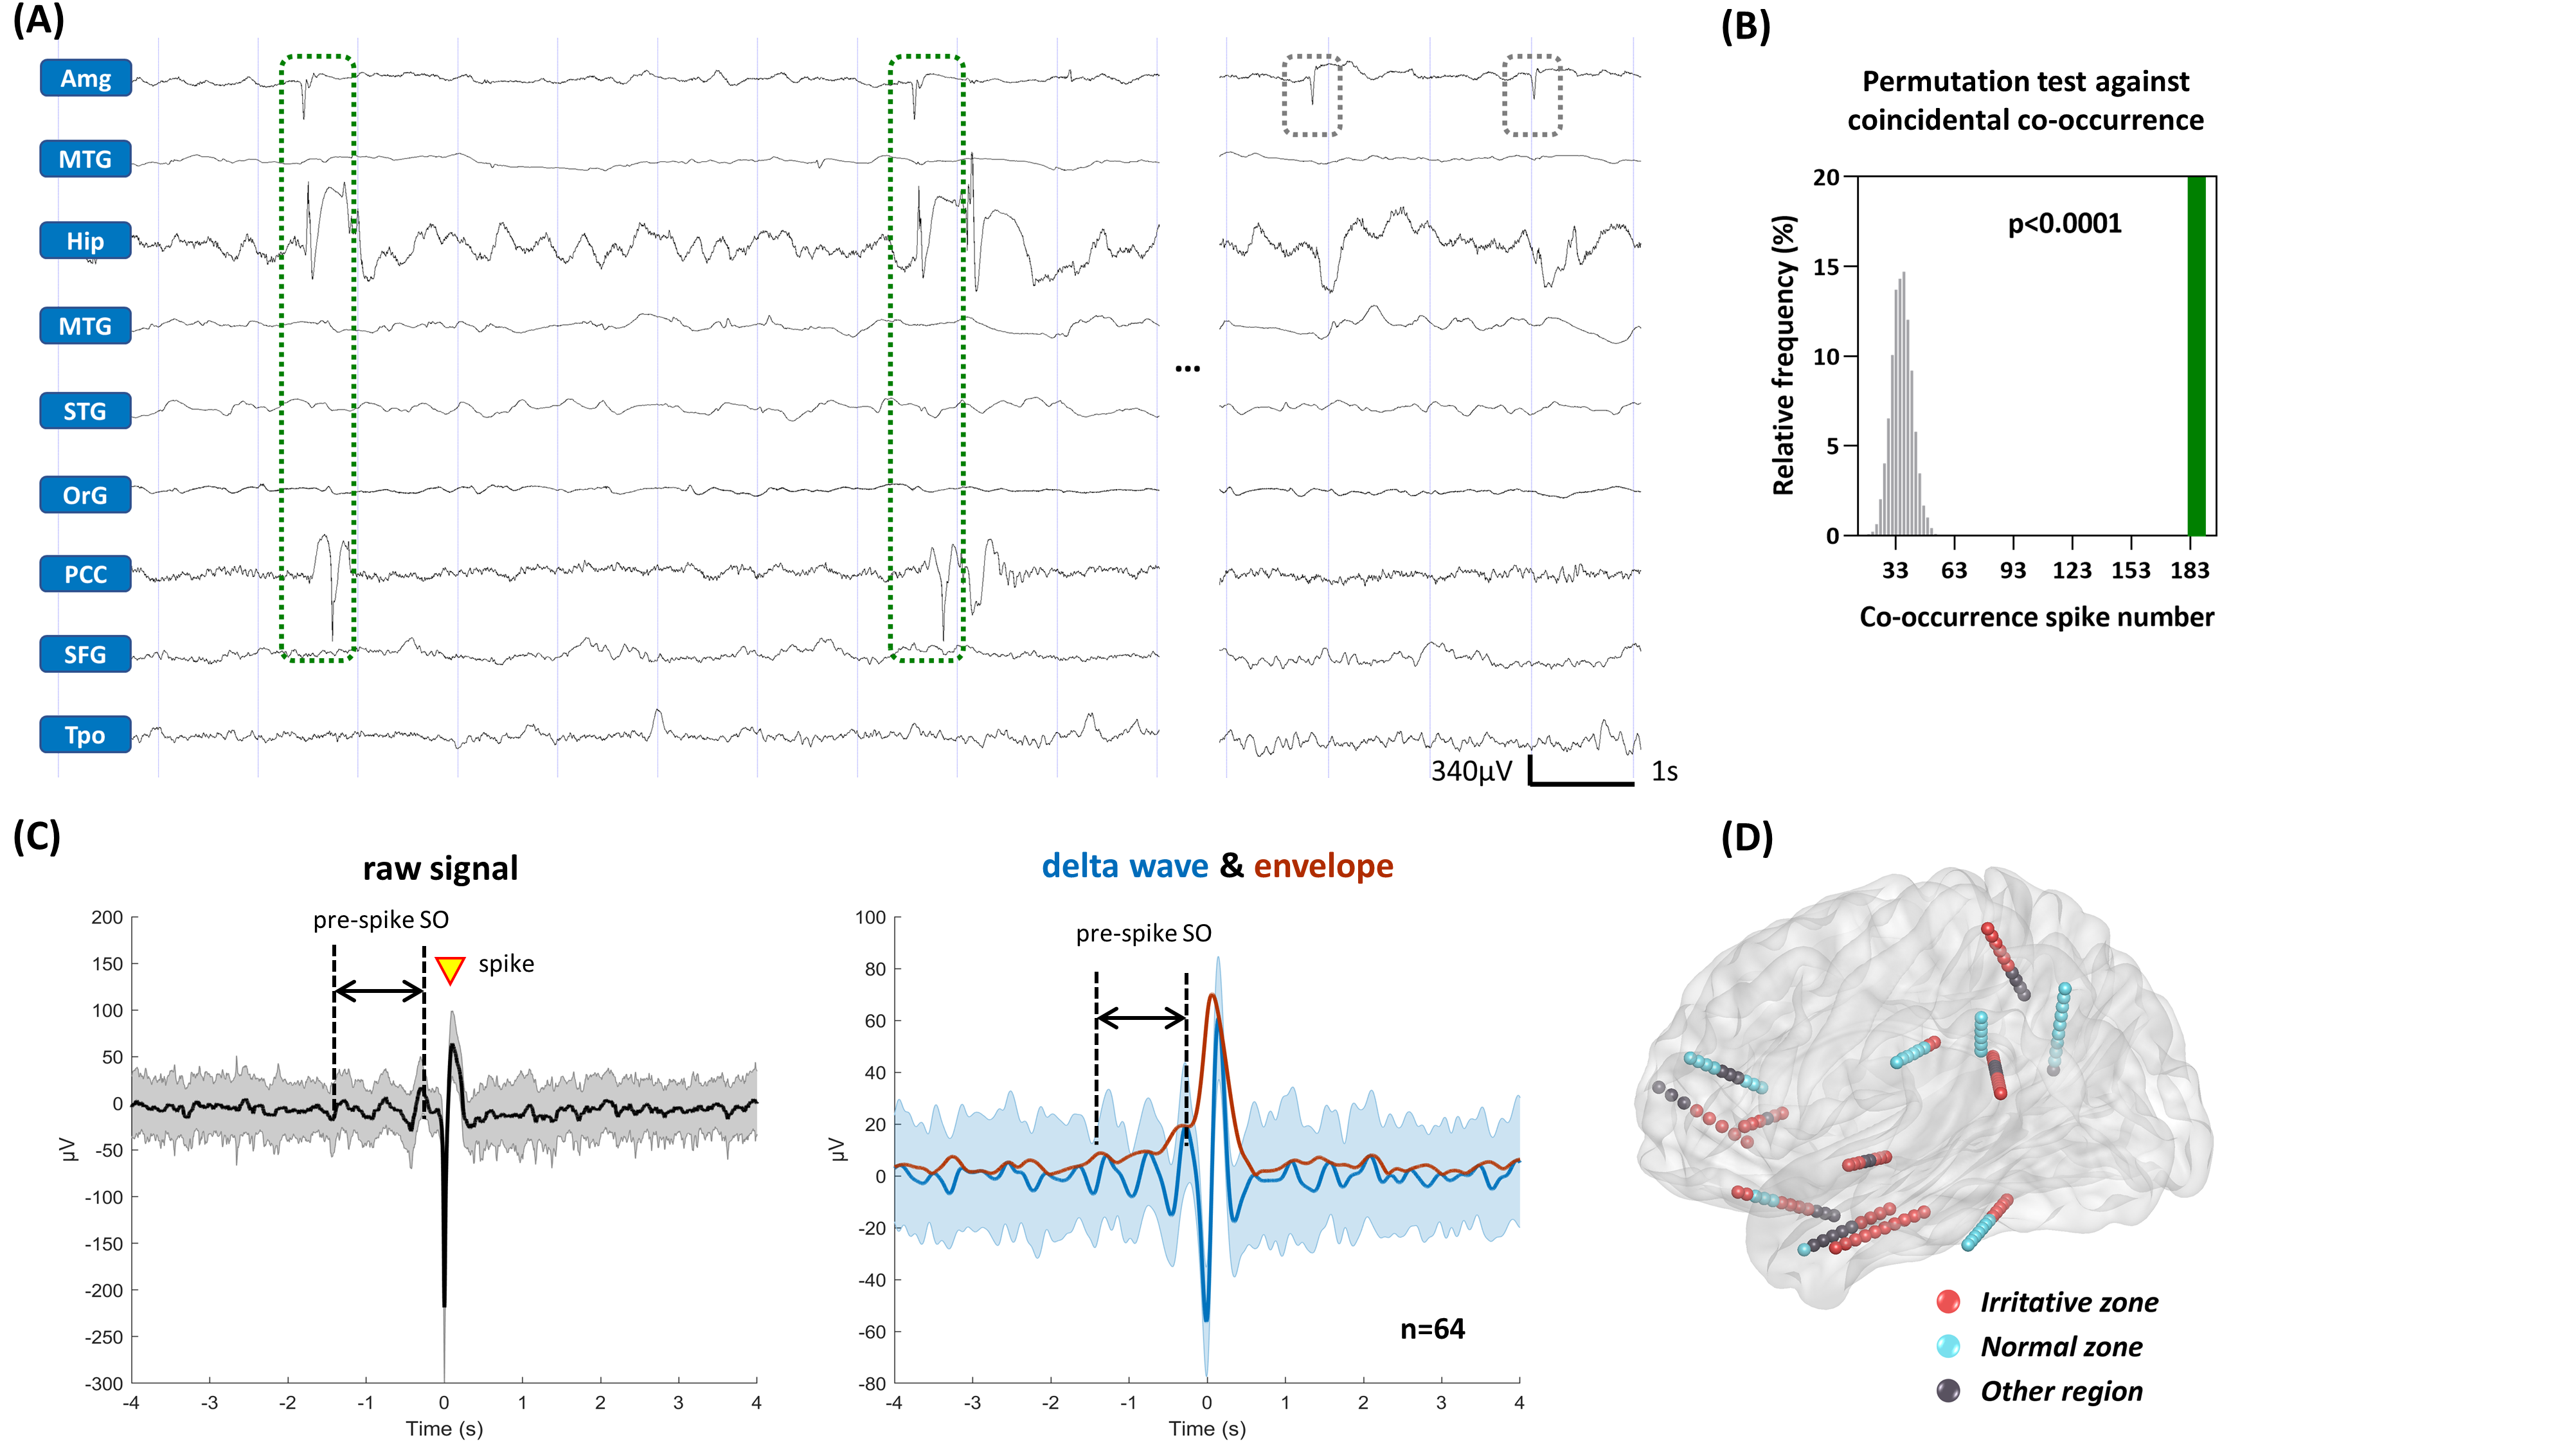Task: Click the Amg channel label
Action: pyautogui.click(x=86, y=78)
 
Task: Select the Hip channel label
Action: pyautogui.click(x=86, y=240)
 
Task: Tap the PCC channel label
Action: pyautogui.click(x=86, y=575)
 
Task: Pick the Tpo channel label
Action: pyautogui.click(x=86, y=735)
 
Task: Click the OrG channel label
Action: pyautogui.click(x=86, y=495)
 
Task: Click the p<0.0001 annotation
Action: pyautogui.click(x=2064, y=224)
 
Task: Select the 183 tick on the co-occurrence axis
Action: pyautogui.click(x=2190, y=571)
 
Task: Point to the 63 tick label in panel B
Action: pyautogui.click(x=1953, y=571)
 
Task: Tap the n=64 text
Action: pyautogui.click(x=1432, y=1329)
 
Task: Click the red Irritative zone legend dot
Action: pyautogui.click(x=1948, y=1301)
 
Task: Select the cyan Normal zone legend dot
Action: pyautogui.click(x=1948, y=1346)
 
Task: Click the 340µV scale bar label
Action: pyautogui.click(x=1471, y=771)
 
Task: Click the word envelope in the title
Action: pyautogui.click(x=1323, y=866)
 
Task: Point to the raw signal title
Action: pyautogui.click(x=440, y=868)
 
